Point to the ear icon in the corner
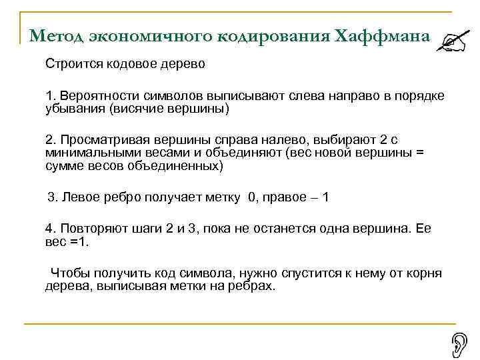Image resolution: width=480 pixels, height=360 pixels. pyautogui.click(x=460, y=344)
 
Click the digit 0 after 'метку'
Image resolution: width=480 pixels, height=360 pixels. pyautogui.click(x=251, y=198)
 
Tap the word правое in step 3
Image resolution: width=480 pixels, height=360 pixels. pyautogui.click(x=286, y=198)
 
